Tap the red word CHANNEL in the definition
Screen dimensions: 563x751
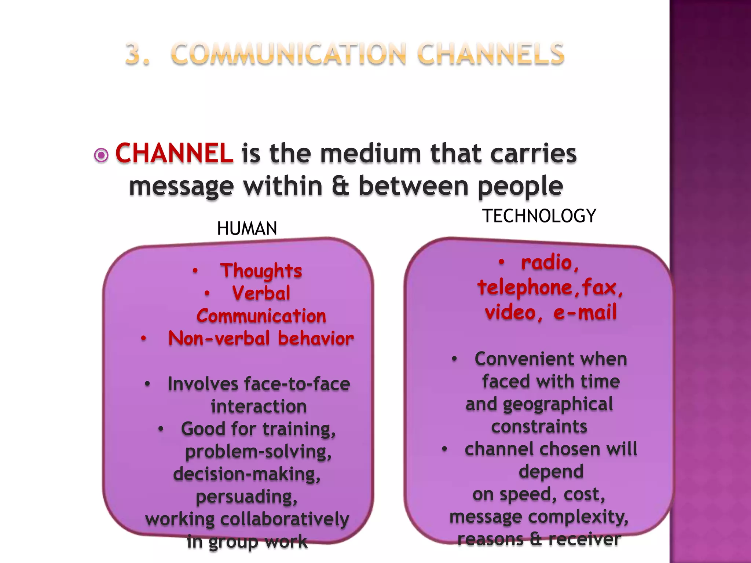[x=174, y=153]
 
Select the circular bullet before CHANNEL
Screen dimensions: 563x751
[x=101, y=155]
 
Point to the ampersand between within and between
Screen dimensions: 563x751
[x=341, y=185]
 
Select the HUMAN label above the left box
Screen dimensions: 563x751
[x=247, y=229]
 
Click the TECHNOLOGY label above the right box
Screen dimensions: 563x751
[x=539, y=216]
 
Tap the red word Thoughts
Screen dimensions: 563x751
[x=261, y=271]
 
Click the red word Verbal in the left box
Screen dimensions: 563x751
[x=261, y=293]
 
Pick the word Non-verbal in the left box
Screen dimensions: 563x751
[x=219, y=338]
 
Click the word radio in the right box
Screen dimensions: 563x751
[x=547, y=263]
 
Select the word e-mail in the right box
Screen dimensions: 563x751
[x=585, y=312]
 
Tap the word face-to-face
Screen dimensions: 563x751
[x=297, y=384]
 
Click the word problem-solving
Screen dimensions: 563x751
[x=258, y=452]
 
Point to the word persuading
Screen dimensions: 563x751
[x=246, y=497]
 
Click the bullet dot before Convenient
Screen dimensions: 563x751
[x=454, y=359]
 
